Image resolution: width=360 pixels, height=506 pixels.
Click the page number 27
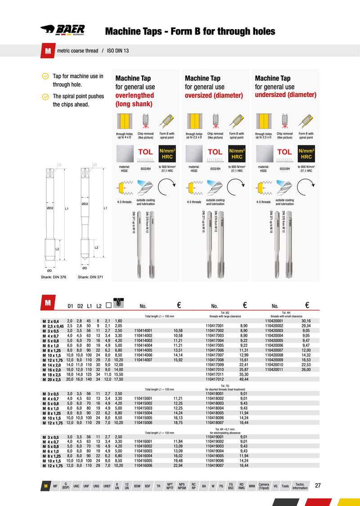[318, 485]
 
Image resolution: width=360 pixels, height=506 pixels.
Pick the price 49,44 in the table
[244, 379]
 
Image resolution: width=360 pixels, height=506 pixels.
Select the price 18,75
[179, 423]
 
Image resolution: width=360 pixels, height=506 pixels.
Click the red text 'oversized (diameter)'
[214, 96]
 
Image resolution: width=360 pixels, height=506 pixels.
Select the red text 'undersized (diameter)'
[286, 95]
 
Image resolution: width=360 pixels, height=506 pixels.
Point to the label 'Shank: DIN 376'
[54, 277]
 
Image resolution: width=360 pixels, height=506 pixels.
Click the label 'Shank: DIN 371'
[90, 277]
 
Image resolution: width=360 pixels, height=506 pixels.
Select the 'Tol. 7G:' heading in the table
[225, 386]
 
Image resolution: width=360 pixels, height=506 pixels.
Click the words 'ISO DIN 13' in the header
[117, 51]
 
